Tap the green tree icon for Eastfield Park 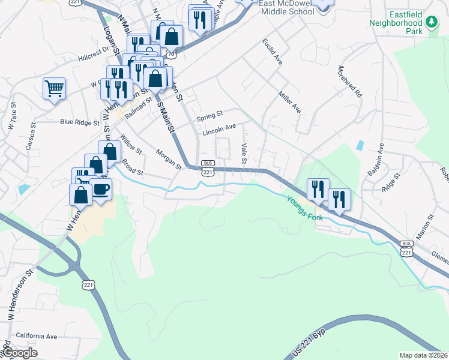pos(431,23)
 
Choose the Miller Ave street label pos(289,102)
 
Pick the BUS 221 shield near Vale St pos(208,169)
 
